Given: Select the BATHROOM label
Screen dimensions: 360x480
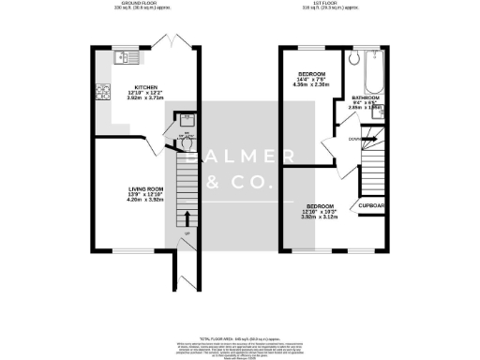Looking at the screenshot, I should point(366,97).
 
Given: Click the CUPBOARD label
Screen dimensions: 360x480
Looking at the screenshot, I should point(367,206).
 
